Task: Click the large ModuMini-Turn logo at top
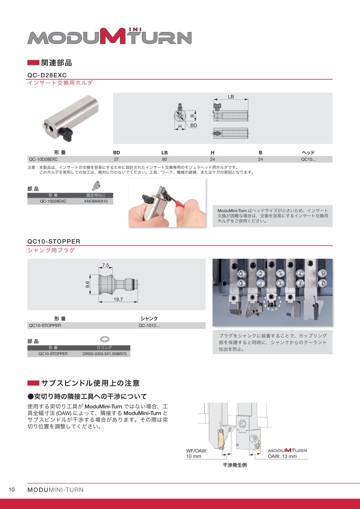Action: tap(110, 36)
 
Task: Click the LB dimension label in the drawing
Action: tap(231, 96)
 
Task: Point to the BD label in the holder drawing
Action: tap(194, 125)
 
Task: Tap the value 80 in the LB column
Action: tap(164, 159)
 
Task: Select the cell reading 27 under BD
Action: tap(116, 159)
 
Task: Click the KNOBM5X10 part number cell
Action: tap(96, 201)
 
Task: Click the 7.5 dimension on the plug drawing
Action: tap(106, 265)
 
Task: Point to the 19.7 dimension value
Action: tap(118, 299)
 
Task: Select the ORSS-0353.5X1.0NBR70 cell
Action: tap(104, 354)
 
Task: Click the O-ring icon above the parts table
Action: tap(105, 339)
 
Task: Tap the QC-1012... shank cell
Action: tap(149, 325)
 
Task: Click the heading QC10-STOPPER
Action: tap(54, 241)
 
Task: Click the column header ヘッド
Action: tap(308, 152)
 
